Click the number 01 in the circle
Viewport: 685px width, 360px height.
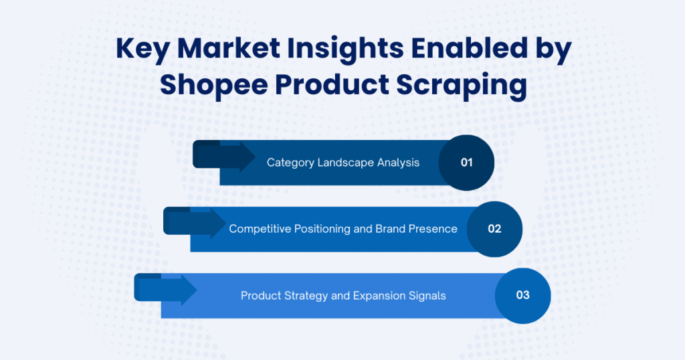tap(466, 163)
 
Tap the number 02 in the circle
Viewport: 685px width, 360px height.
tap(494, 229)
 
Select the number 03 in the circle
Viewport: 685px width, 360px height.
tap(522, 295)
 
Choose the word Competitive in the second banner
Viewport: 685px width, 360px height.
tap(261, 229)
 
